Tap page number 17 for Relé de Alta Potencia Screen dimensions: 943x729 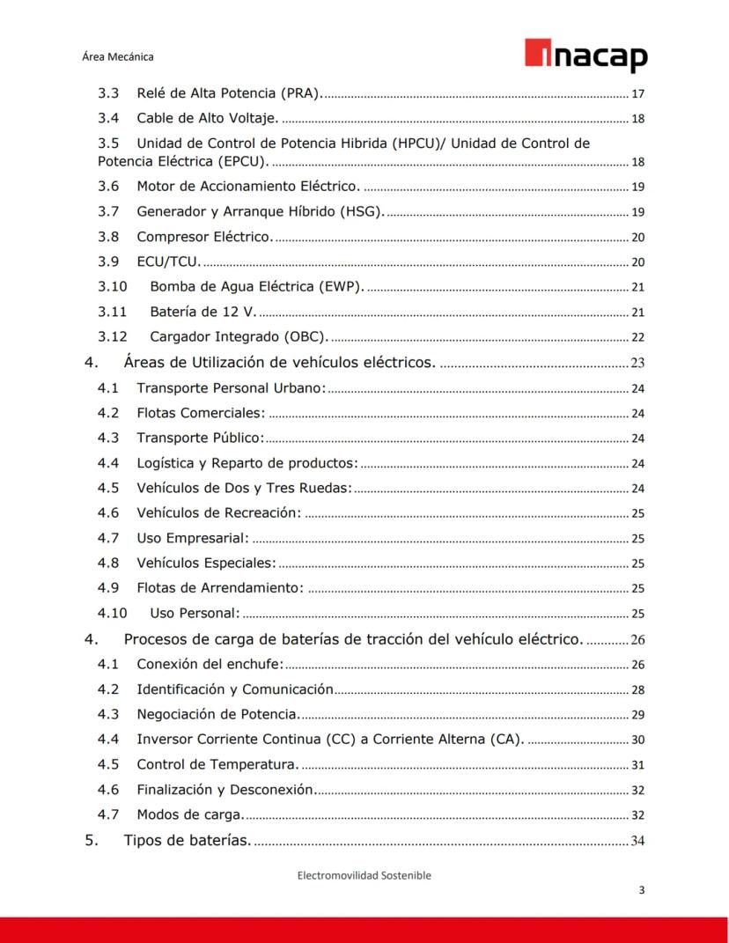pos(638,93)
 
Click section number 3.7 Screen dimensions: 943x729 pos(108,211)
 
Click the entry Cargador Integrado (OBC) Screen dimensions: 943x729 pos(239,335)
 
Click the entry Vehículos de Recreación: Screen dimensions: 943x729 pos(218,512)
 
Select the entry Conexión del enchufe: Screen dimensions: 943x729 pos(210,664)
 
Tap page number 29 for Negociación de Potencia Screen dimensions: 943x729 pos(638,714)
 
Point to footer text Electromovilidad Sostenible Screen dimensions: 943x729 pos(364,875)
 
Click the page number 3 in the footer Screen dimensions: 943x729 pos(641,890)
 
